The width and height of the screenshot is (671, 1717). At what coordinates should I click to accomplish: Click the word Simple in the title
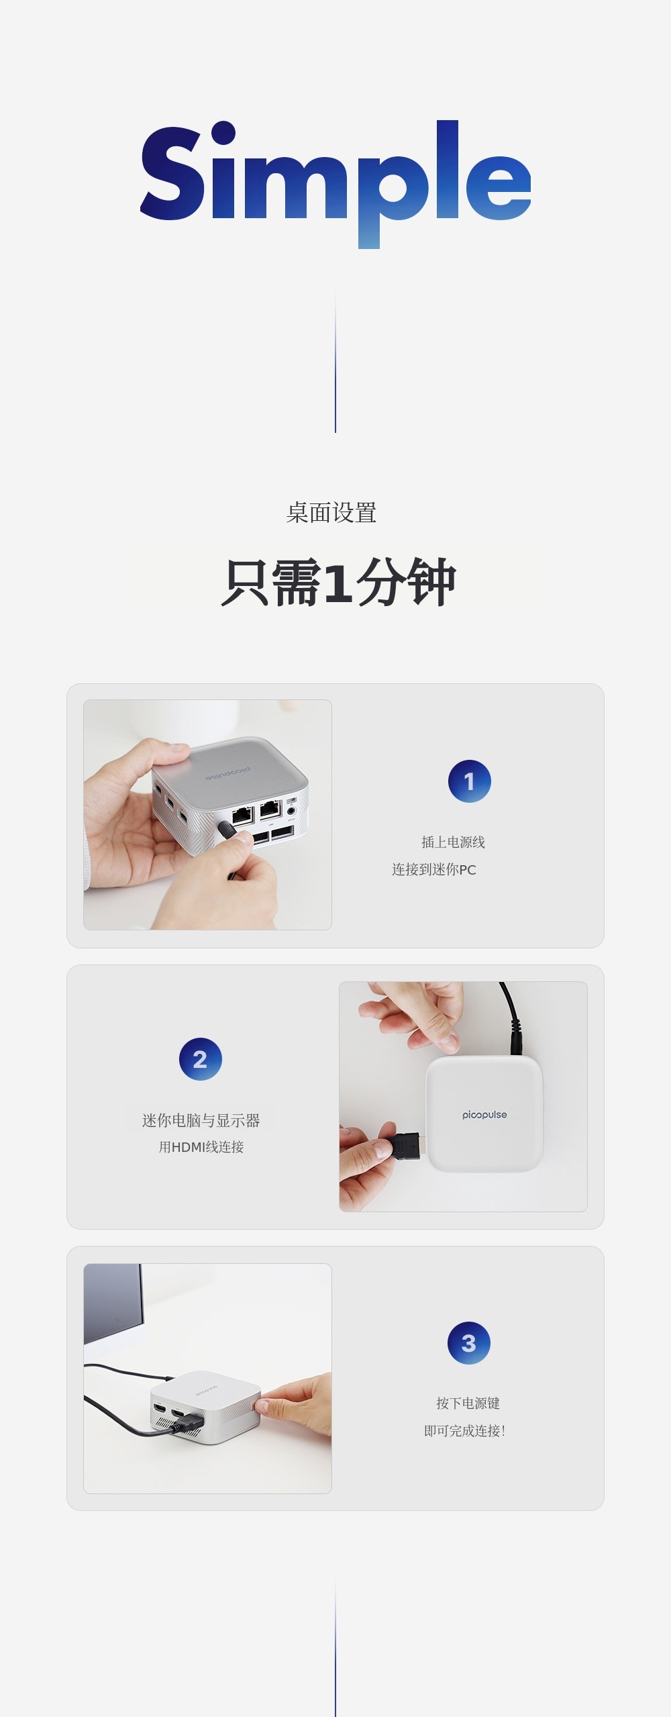(x=335, y=185)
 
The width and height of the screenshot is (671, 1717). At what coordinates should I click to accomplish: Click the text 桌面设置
(x=331, y=513)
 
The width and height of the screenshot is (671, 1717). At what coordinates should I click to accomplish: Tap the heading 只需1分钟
(x=338, y=582)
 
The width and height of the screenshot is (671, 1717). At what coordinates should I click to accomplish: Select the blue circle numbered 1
(x=470, y=781)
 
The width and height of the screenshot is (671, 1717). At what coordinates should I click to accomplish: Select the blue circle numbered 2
(x=201, y=1059)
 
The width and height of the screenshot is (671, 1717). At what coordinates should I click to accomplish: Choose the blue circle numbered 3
(x=469, y=1343)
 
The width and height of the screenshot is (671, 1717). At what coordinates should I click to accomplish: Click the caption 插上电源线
(x=453, y=842)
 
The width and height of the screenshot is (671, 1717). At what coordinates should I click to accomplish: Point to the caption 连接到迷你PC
(x=434, y=869)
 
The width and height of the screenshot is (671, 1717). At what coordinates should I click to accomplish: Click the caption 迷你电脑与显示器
(x=201, y=1120)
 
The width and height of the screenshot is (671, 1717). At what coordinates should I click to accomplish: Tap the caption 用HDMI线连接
(x=201, y=1147)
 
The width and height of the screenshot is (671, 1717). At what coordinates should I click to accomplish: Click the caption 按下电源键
(x=468, y=1403)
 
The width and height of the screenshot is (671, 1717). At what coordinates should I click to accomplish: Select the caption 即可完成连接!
(x=464, y=1430)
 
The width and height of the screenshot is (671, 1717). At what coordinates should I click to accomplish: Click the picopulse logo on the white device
(x=484, y=1115)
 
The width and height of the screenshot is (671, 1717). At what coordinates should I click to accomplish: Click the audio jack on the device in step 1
(x=291, y=812)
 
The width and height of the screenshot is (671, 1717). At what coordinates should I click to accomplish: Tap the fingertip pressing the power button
(x=262, y=1404)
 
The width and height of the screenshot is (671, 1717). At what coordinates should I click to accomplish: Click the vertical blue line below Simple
(x=335, y=362)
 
